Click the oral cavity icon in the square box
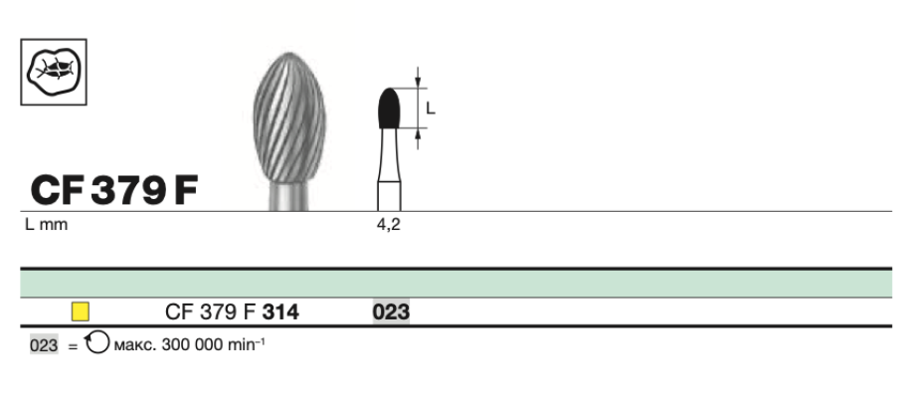(54, 73)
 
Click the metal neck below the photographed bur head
(289, 197)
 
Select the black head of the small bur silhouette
(389, 108)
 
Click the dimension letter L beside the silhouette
(430, 108)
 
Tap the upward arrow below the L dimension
(419, 139)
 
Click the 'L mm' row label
(46, 225)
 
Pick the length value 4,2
(388, 225)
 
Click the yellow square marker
(81, 311)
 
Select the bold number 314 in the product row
(280, 312)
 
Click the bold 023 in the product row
(391, 312)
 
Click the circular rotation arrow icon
(97, 344)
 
